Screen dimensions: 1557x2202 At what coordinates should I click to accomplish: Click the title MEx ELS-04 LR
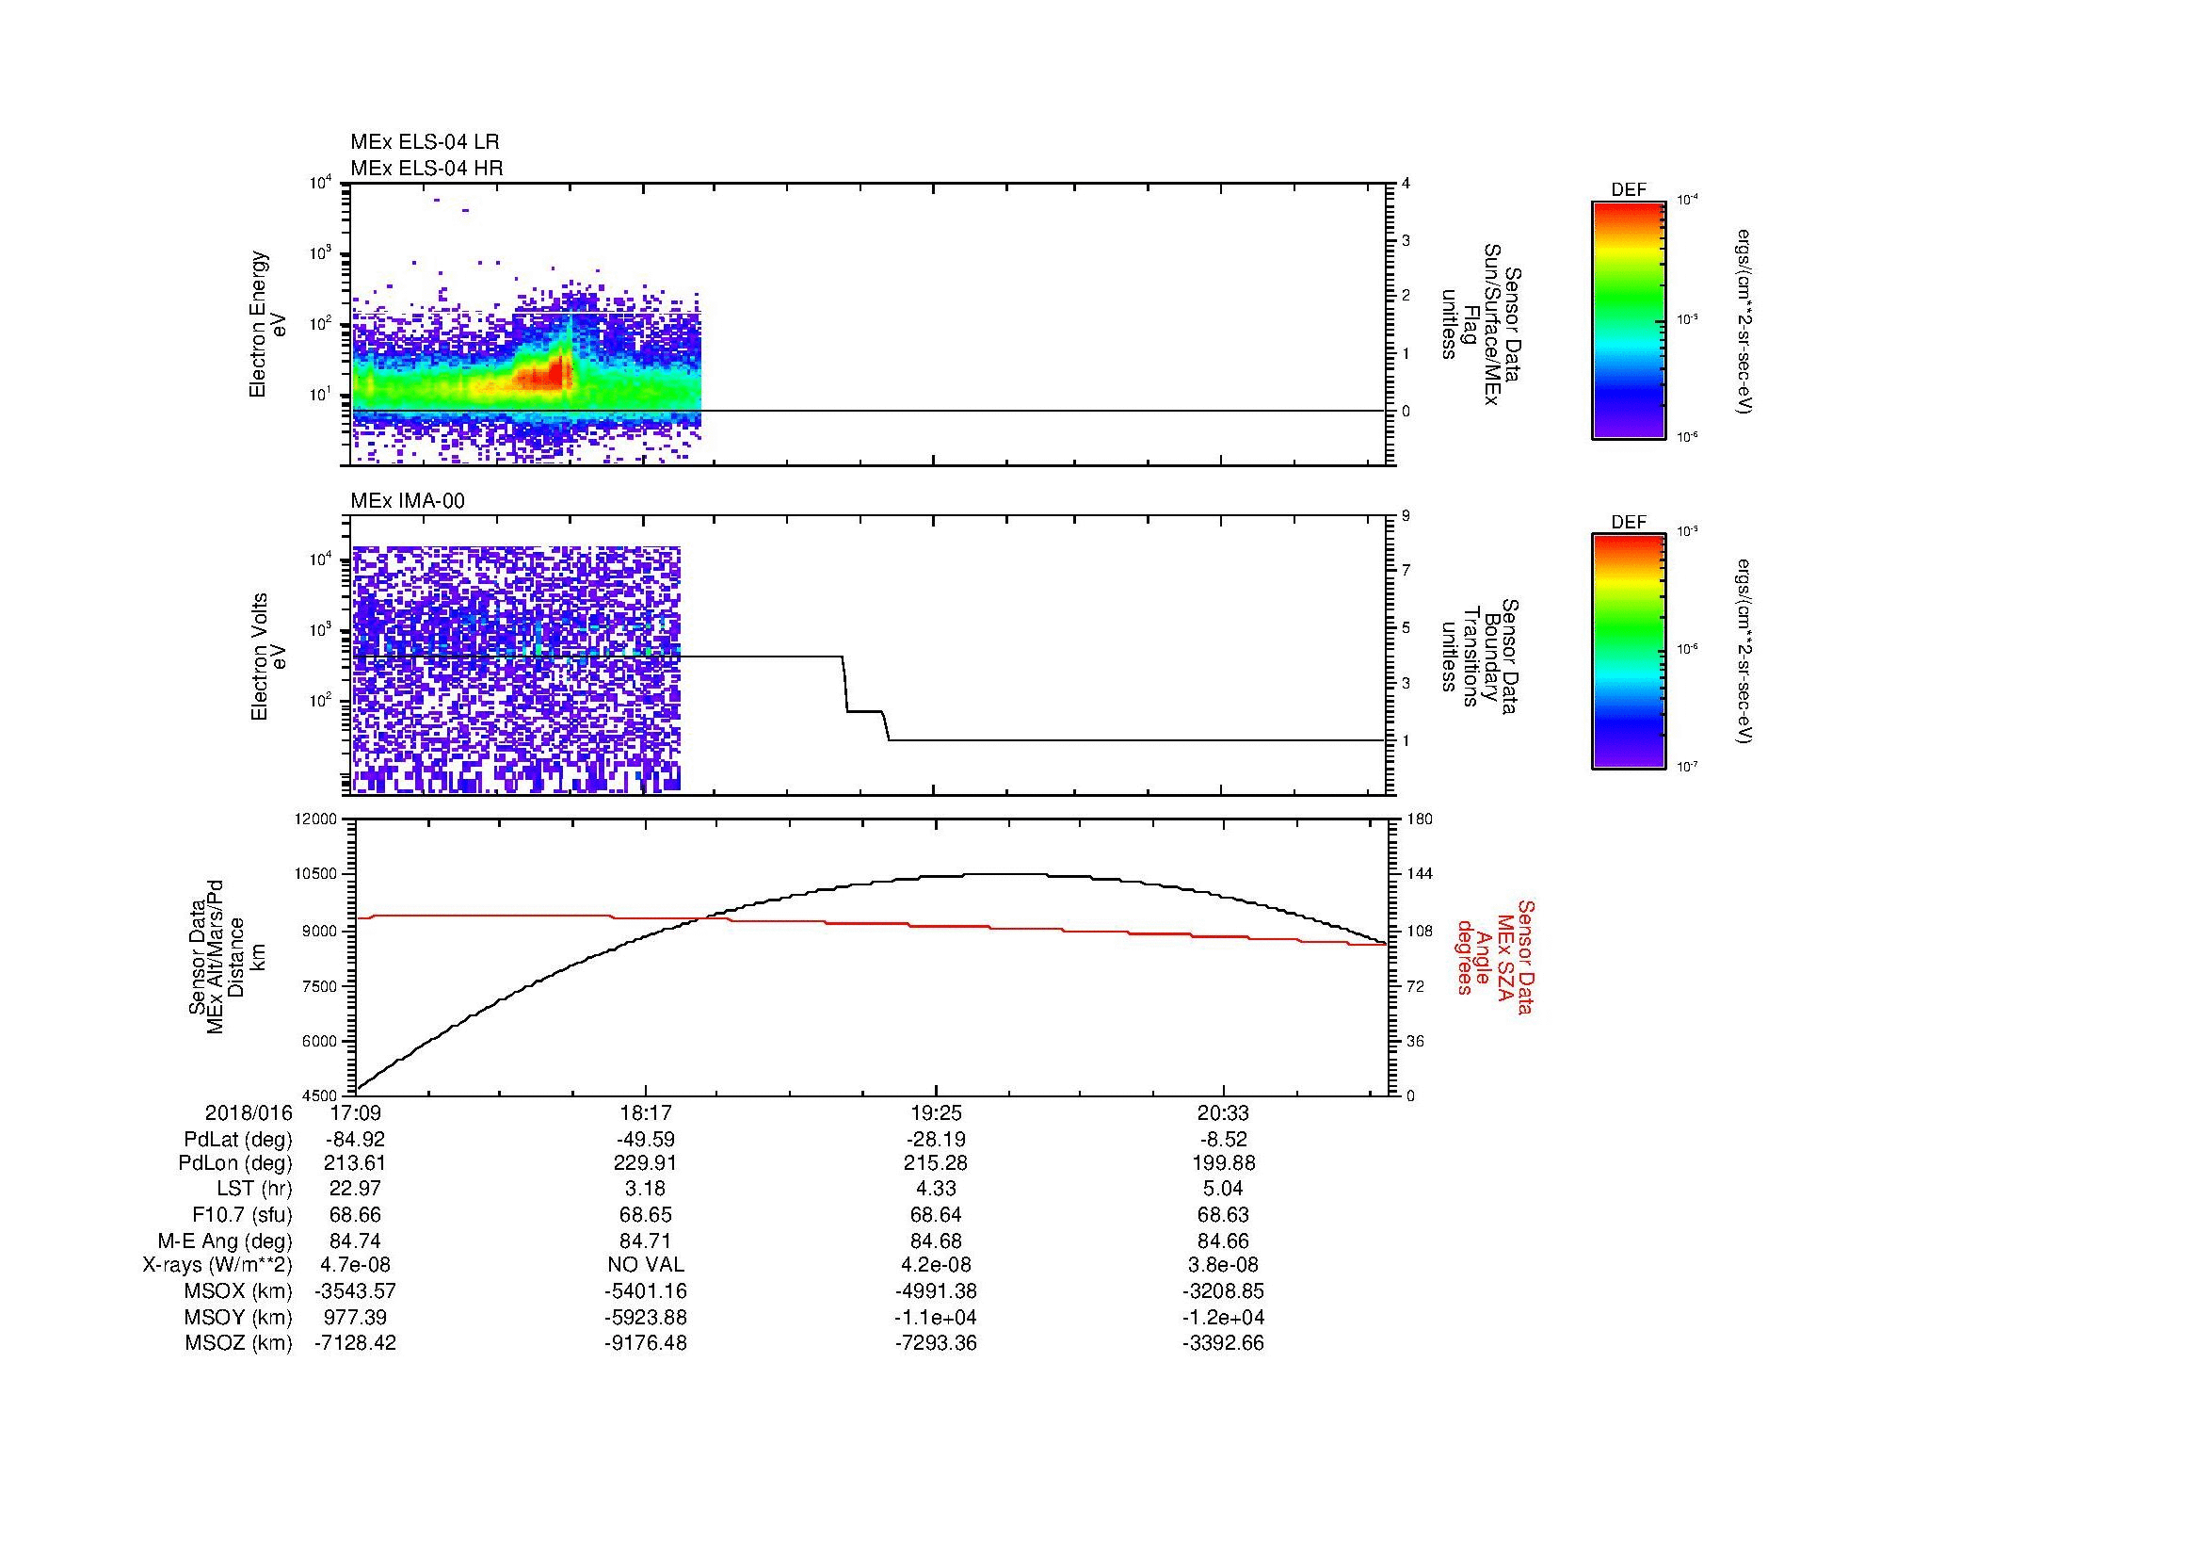tap(424, 142)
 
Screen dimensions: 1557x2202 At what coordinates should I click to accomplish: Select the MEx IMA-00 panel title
tap(407, 501)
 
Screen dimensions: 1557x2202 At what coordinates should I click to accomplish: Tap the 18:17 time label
tap(646, 1113)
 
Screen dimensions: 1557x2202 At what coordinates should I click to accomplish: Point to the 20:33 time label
tap(1223, 1113)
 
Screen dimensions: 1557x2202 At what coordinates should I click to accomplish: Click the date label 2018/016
tap(249, 1113)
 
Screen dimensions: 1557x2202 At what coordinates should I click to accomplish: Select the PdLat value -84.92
tap(355, 1140)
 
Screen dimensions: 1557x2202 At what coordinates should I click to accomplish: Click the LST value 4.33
tap(935, 1189)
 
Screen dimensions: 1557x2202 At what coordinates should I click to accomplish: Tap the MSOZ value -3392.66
tap(1223, 1343)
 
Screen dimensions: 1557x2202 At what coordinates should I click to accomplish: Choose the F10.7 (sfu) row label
tap(242, 1214)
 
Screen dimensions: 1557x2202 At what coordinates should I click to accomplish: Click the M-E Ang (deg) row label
tap(224, 1241)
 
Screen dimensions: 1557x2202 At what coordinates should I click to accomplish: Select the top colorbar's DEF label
tap(1628, 190)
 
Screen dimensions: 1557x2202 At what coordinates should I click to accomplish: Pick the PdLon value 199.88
tap(1223, 1163)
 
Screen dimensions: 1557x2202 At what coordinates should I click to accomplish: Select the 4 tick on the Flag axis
tap(1406, 184)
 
